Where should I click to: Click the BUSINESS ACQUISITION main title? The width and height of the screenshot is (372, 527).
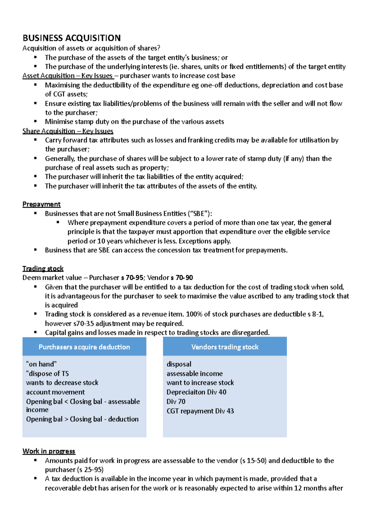[72, 38]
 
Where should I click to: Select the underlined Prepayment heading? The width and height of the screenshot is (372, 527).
[42, 204]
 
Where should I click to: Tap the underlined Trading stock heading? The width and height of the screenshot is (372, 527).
[43, 268]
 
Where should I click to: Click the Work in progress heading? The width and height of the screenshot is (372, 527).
[49, 451]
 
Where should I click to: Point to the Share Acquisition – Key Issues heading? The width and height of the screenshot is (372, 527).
[68, 131]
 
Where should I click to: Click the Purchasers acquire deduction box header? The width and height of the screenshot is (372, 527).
[84, 347]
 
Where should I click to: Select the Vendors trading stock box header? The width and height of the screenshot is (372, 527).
[225, 347]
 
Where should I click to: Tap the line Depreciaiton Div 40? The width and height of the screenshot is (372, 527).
[196, 392]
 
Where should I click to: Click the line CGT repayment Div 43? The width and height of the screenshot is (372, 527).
[200, 411]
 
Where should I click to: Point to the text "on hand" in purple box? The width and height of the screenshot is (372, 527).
[42, 364]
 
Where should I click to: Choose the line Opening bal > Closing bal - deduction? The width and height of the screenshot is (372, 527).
[82, 419]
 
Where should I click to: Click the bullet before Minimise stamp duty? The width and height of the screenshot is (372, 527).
[35, 121]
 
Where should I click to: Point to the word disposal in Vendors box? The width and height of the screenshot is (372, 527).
[179, 364]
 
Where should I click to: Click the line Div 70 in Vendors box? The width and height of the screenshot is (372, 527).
[176, 402]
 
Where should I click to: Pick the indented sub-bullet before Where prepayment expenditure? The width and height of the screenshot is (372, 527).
[58, 222]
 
